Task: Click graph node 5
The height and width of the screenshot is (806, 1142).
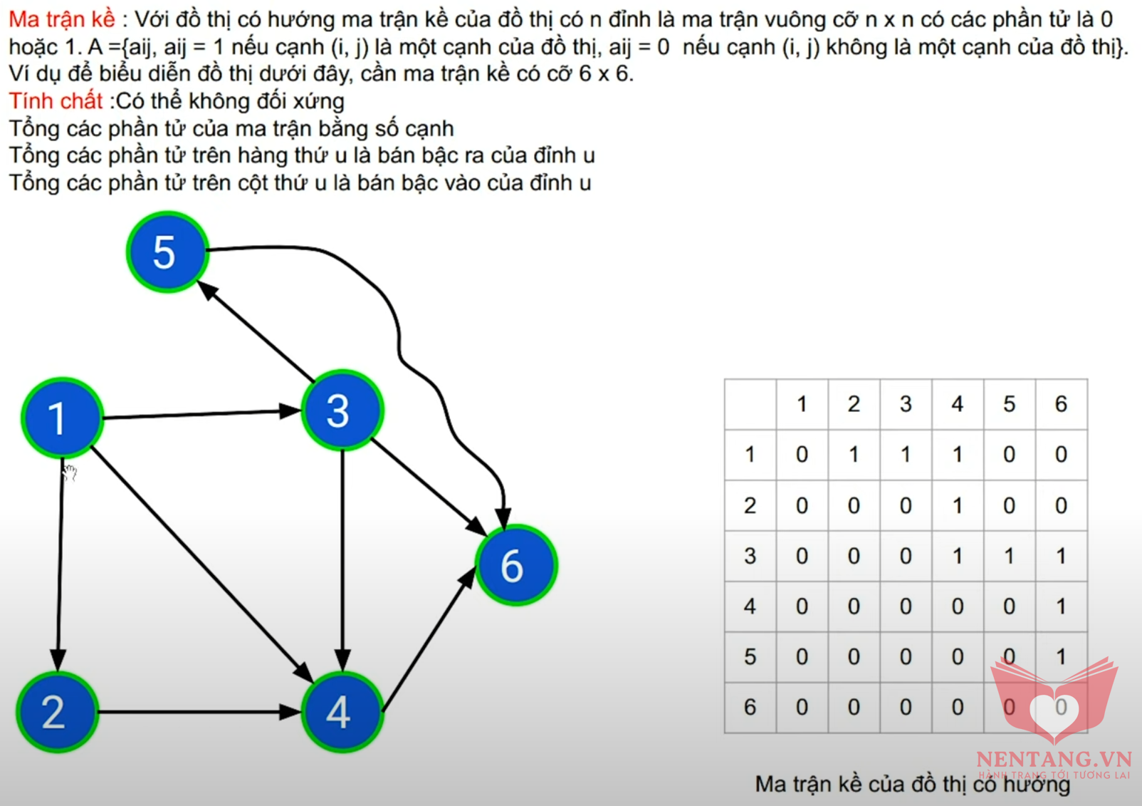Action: tap(167, 252)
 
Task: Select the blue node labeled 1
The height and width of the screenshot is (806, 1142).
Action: tap(62, 418)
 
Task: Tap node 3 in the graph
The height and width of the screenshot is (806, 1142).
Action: tap(342, 410)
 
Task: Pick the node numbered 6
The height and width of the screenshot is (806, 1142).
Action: tap(516, 565)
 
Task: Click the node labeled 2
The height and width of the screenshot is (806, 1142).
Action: tap(57, 711)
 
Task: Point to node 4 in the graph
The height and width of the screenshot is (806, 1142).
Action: tap(342, 711)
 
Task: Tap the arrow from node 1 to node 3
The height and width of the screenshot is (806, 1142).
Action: tap(202, 413)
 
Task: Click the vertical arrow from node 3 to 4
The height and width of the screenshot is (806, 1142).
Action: tap(342, 560)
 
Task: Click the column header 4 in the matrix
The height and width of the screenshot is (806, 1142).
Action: tap(957, 404)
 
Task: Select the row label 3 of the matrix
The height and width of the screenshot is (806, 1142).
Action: tap(750, 556)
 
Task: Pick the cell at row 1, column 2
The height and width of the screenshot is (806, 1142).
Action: tap(854, 454)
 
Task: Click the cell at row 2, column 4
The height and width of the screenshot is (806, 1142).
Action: tap(957, 505)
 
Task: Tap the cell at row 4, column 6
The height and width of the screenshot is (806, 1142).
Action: tap(1061, 606)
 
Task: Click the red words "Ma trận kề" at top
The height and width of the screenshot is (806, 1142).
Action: tap(62, 19)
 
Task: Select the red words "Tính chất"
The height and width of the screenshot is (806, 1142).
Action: tap(56, 100)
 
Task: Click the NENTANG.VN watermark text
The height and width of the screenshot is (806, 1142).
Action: tap(1054, 759)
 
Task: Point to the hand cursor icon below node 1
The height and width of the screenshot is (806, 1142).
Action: tap(70, 472)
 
